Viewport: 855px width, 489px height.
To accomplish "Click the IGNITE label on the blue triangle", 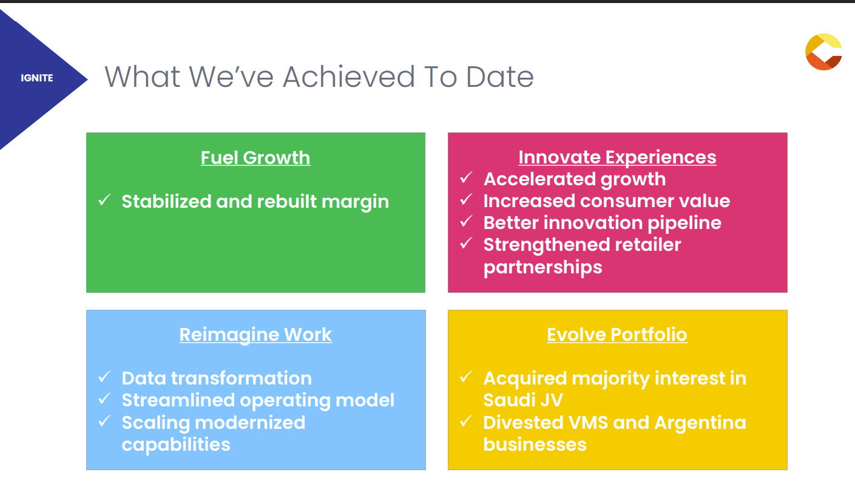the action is tap(37, 78).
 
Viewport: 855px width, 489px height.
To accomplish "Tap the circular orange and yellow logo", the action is tap(823, 52).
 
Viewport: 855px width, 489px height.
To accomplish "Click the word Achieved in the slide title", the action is tap(348, 77).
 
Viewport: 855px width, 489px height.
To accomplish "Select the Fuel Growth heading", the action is tap(255, 158).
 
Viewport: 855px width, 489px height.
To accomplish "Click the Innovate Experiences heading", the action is tap(617, 157).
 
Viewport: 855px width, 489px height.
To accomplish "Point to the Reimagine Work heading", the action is tap(255, 335).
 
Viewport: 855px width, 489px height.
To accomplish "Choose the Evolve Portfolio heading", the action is tap(617, 335).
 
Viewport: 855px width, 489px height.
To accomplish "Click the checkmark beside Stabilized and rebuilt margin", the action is tap(104, 200).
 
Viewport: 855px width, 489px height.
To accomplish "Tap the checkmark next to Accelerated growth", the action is tap(466, 177).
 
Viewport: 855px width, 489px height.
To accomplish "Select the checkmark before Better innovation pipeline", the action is tap(466, 221).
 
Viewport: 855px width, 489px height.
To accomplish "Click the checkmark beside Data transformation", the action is tap(104, 377).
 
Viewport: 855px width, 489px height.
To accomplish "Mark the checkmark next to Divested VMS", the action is tap(466, 421).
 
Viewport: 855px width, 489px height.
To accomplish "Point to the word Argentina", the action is tap(700, 423).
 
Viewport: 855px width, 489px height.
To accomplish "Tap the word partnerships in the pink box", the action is tap(542, 267).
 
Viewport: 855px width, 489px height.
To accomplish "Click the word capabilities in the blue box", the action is tap(176, 445).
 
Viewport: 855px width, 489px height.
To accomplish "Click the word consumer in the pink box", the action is tap(627, 201).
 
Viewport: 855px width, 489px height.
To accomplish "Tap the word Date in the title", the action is tap(499, 77).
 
